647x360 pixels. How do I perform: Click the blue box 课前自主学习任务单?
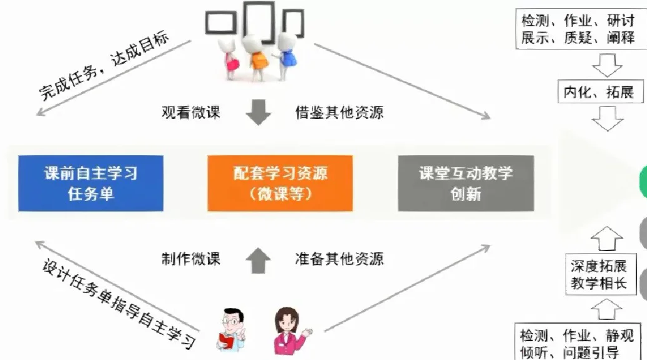(x=91, y=183)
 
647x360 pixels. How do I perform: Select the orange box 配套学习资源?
(x=280, y=183)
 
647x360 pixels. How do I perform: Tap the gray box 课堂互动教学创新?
(x=466, y=183)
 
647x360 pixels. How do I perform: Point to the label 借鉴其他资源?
(x=339, y=113)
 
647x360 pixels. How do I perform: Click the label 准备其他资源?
(x=339, y=258)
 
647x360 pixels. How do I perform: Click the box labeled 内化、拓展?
(x=598, y=93)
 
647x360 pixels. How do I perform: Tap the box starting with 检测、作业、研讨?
(x=577, y=29)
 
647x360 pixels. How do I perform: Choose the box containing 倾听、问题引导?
(x=577, y=341)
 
